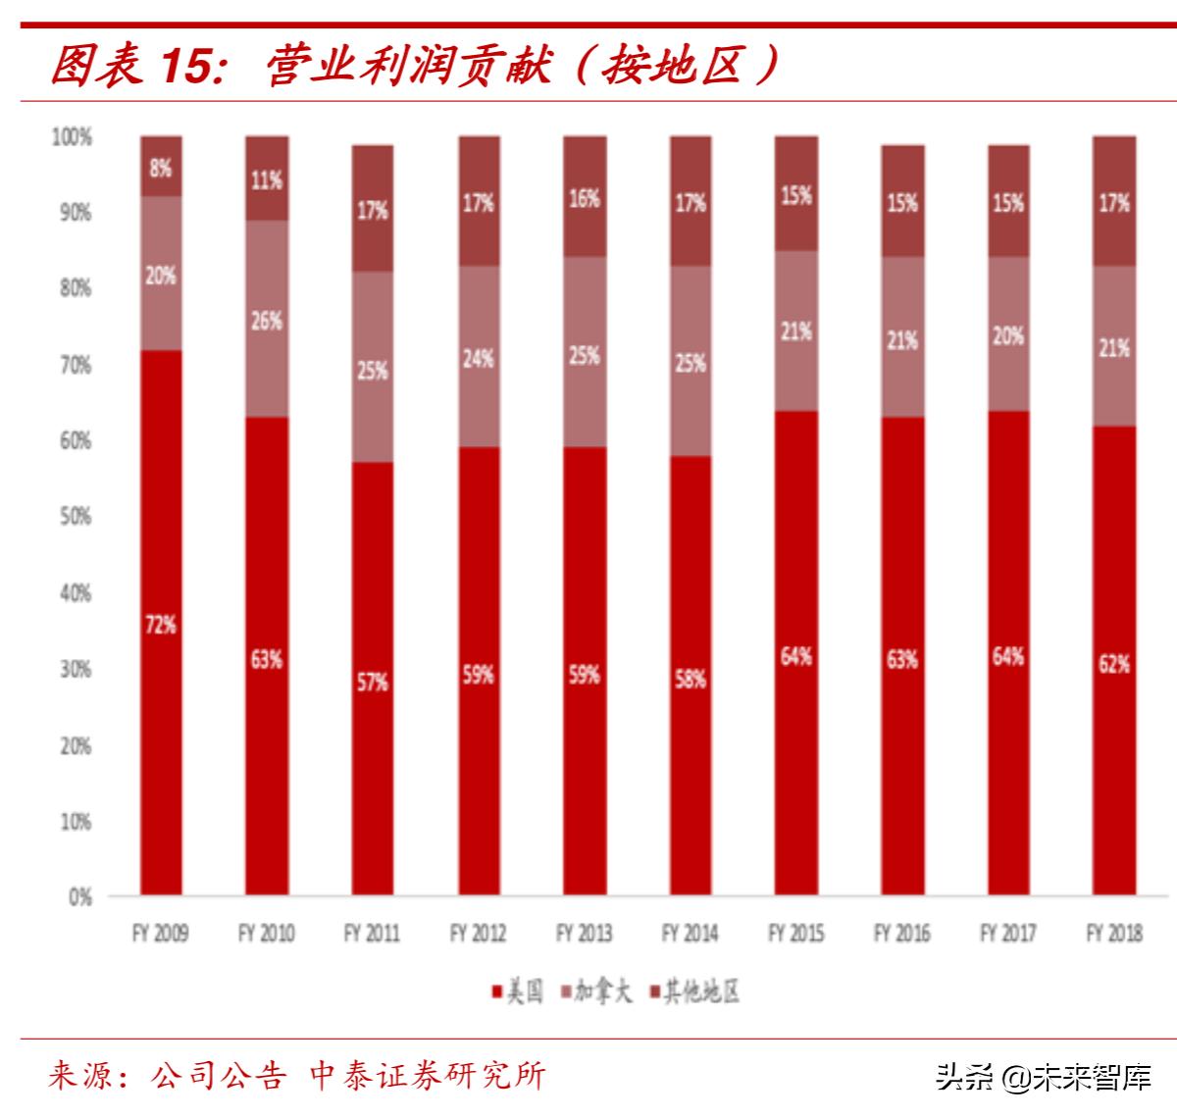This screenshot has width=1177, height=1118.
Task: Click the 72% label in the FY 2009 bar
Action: pos(161,624)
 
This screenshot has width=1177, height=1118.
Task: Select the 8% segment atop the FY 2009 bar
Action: pos(161,168)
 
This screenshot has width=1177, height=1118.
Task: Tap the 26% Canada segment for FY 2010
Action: pos(267,321)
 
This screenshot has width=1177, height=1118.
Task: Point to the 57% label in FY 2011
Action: pos(373,682)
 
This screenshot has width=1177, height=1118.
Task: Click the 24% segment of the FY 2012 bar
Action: pos(479,358)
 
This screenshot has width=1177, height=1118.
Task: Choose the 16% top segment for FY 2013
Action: pos(585,198)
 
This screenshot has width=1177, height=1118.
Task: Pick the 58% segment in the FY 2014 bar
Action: pos(691,678)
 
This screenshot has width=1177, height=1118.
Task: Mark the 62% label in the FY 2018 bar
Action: pos(1114,664)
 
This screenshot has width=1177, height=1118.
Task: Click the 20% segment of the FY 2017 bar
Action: pos(1008,335)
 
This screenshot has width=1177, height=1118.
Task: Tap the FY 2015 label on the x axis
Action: pos(796,933)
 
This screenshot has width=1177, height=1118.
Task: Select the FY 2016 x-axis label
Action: pos(902,933)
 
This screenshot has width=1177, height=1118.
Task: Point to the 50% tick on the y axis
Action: pos(71,516)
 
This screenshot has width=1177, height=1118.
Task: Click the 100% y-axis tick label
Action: pos(71,137)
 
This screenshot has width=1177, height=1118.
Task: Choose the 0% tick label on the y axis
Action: pos(78,897)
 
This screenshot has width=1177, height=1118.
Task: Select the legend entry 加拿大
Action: pos(595,991)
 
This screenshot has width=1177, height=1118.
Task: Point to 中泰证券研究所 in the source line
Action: pos(427,1076)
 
